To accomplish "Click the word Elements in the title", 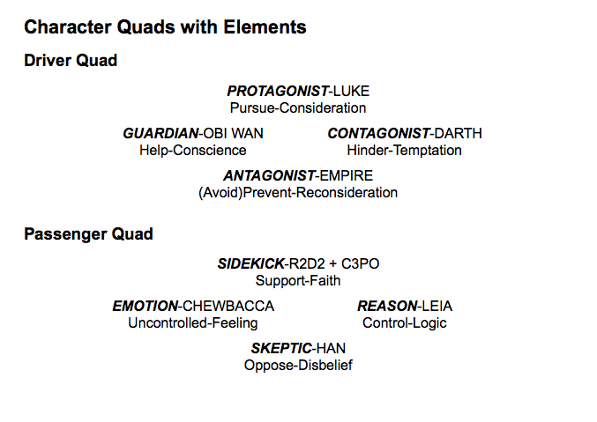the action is pos(265,27).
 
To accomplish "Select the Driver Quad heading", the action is pos(71,60).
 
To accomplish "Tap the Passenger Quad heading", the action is pos(88,233).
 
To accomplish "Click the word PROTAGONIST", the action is pos(278,92).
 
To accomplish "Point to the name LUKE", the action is pos(351,92).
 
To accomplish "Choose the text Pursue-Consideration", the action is pos(298,108).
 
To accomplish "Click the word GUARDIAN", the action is pos(160,134).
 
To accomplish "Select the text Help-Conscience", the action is pos(192,151).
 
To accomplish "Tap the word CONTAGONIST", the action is pos(378,134).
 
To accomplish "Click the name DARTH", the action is pos(458,134).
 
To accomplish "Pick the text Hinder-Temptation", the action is pos(405,151).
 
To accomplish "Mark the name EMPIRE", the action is pos(347,176).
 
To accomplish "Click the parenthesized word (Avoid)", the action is pos(220,193).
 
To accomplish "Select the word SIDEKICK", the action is pos(250,263).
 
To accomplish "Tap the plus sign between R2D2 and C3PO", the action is pos(333,264).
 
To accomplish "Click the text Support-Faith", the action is pos(298,281).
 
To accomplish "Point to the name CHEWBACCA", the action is pos(228,307).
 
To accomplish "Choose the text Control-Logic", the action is pos(405,323).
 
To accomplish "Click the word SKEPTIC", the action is pos(281,349).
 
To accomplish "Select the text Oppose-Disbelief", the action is pos(298,366).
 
